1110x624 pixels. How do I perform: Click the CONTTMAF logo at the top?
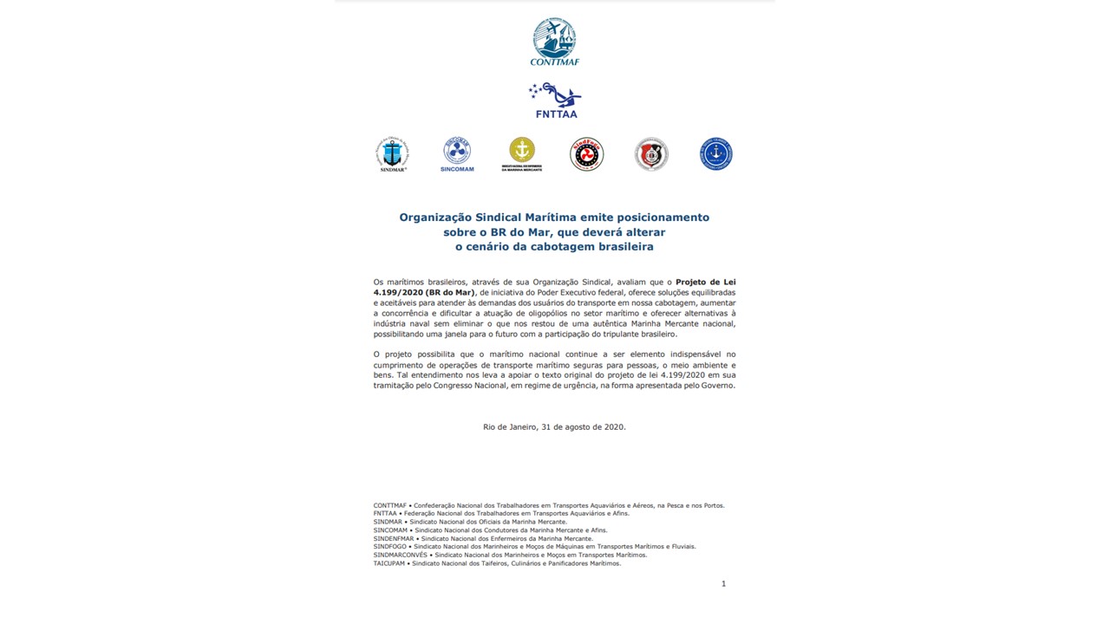pos(554,41)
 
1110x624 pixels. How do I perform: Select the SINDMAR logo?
pos(392,154)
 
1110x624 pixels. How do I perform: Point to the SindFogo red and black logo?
pos(586,154)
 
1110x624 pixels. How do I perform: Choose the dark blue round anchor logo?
pos(716,154)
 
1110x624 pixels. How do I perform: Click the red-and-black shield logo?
pos(651,154)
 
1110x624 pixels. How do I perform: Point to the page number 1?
pos(723,584)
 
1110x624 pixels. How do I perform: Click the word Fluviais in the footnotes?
pos(682,547)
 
